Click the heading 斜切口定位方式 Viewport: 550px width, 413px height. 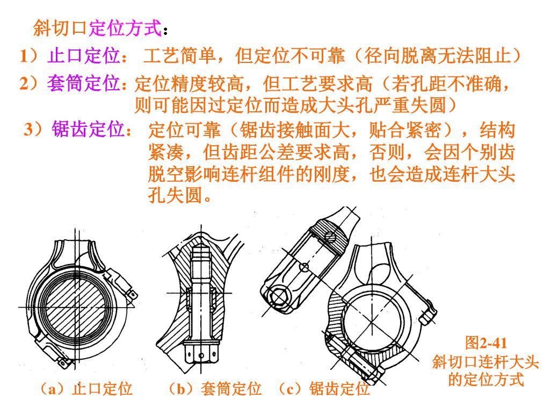[x=98, y=28]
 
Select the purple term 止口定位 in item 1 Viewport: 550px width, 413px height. [x=84, y=56]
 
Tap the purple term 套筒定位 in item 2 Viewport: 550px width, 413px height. [x=84, y=83]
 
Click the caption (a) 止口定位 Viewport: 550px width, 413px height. [x=86, y=388]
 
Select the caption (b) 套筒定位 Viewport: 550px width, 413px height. [x=215, y=388]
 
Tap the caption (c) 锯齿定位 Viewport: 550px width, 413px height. [x=324, y=388]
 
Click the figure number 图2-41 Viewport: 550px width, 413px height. [x=486, y=343]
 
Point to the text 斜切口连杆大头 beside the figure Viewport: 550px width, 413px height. [x=486, y=361]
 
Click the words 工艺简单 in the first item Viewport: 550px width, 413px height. [x=179, y=56]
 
